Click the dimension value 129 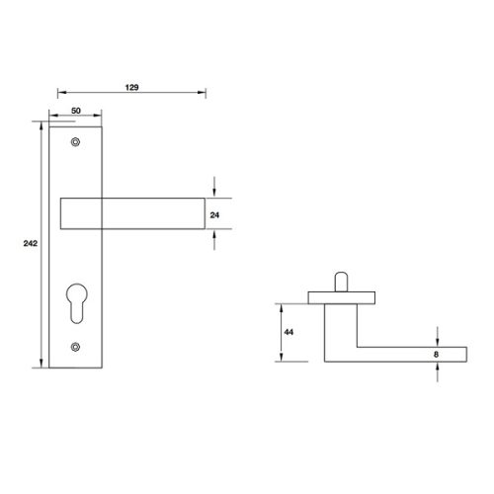click(x=132, y=88)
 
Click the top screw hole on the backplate click(x=76, y=144)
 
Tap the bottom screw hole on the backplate click(x=76, y=345)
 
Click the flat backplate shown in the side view click(x=341, y=295)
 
